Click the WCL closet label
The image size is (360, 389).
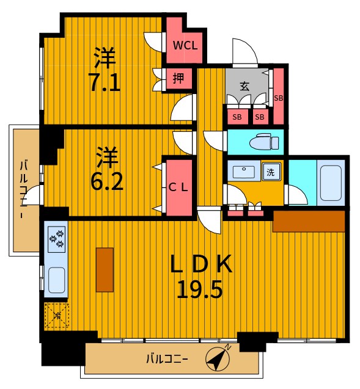[x=185, y=46]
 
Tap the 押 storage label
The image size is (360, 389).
[x=178, y=79]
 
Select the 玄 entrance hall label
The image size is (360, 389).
[x=244, y=86]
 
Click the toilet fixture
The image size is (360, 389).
[x=264, y=142]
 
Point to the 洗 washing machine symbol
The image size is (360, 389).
[x=271, y=172]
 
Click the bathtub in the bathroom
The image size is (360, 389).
[x=331, y=183]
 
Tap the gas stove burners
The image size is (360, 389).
[x=56, y=239]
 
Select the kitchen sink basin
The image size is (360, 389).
[x=56, y=280]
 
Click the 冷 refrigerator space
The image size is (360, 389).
[x=57, y=315]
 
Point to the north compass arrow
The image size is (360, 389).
[x=218, y=358]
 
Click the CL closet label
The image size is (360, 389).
[x=178, y=188]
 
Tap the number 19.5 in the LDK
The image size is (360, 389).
[x=199, y=289]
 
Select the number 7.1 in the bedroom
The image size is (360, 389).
[x=105, y=82]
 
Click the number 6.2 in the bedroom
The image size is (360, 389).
[x=107, y=181]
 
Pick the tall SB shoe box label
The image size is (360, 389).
[x=279, y=98]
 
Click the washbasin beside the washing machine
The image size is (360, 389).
[x=244, y=172]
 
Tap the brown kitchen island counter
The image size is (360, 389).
[x=105, y=270]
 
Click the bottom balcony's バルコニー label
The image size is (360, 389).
[x=167, y=358]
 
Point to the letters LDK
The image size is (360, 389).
[x=201, y=264]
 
